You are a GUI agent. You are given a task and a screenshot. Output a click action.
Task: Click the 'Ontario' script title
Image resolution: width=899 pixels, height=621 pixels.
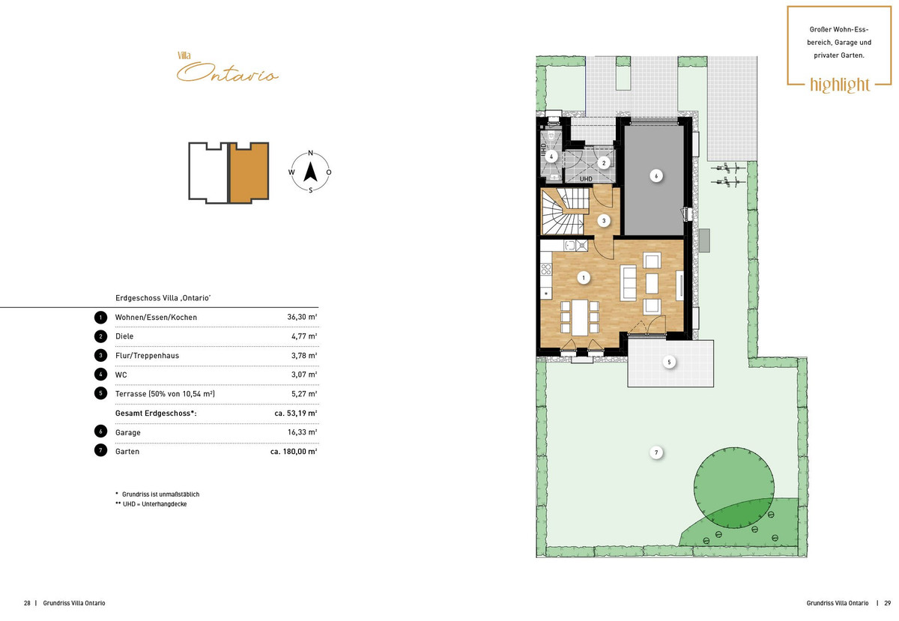[x=227, y=73]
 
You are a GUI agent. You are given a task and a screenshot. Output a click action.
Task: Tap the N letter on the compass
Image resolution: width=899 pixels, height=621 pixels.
[x=310, y=153]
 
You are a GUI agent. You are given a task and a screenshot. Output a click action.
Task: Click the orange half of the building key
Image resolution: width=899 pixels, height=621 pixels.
[x=249, y=172]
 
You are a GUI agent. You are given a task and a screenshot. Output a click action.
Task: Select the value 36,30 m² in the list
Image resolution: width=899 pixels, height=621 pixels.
[x=302, y=317]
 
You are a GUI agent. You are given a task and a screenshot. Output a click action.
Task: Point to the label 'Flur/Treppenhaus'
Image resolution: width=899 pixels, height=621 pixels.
[x=147, y=355]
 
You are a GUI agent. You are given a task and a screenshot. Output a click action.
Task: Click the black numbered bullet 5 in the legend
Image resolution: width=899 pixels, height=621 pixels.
[x=100, y=393]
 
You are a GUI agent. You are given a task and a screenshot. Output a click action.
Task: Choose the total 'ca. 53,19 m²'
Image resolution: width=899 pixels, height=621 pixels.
[x=296, y=413]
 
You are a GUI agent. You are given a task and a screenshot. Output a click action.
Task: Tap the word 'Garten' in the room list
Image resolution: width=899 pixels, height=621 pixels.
[x=127, y=451]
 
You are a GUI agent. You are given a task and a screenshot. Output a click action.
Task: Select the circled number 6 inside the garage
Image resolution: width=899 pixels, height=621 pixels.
[x=656, y=176]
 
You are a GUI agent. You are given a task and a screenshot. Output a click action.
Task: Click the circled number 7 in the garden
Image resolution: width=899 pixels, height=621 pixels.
[x=656, y=452]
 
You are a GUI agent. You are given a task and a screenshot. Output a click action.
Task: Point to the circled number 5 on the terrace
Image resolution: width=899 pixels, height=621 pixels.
[x=669, y=362]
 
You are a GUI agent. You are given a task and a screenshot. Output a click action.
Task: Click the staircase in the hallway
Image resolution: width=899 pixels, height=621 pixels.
[x=564, y=211]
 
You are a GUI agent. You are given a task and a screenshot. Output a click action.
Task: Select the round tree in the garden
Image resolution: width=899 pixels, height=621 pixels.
[x=734, y=488]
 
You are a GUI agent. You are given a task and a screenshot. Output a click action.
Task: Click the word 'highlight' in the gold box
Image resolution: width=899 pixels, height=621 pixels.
[x=840, y=85]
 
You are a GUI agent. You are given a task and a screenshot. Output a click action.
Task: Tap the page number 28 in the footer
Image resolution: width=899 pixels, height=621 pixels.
[x=27, y=603]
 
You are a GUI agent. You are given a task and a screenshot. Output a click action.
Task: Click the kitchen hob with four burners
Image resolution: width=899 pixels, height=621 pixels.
[x=546, y=269]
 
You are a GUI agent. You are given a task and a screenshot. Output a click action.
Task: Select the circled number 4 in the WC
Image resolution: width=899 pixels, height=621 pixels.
[x=551, y=157]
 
